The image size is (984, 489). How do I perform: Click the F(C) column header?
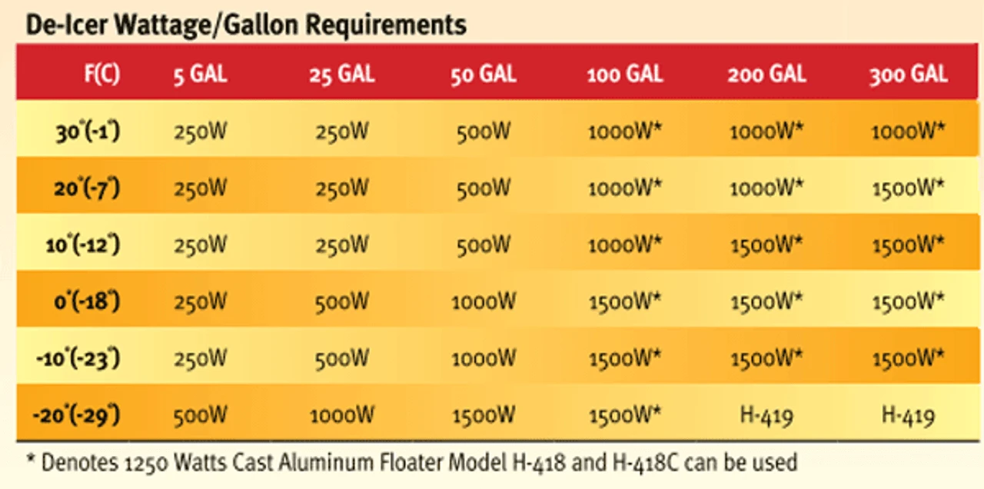[x=102, y=75]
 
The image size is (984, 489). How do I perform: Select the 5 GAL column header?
[x=199, y=75]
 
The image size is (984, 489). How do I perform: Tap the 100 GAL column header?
[x=625, y=75]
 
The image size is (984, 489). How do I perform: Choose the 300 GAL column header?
[x=908, y=75]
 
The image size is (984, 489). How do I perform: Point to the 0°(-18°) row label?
[x=87, y=301]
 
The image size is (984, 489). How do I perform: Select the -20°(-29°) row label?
[x=77, y=416]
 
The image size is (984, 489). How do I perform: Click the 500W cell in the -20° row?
[x=200, y=416]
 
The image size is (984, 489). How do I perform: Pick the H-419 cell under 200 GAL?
[x=766, y=416]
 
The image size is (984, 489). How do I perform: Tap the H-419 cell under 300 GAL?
[x=908, y=416]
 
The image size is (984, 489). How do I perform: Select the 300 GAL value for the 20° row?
[x=908, y=188]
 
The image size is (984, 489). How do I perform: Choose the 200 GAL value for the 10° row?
[x=766, y=244]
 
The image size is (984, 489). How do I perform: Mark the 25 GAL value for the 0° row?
[x=342, y=301]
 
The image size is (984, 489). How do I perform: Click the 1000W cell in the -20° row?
[x=342, y=416]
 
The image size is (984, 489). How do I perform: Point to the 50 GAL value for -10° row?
[x=483, y=358]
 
